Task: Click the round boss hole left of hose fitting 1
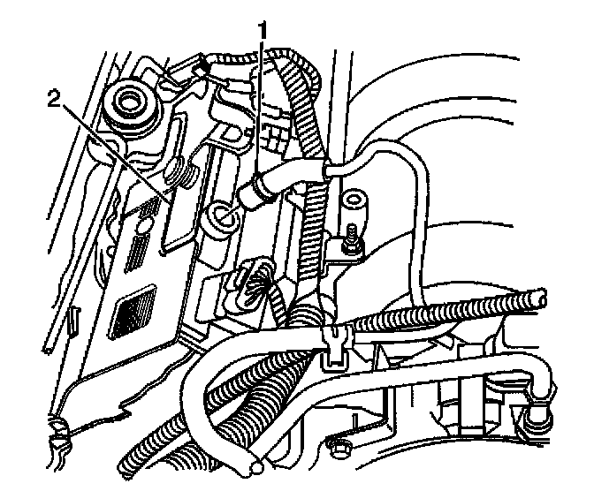(222, 215)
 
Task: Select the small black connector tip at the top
(202, 66)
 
